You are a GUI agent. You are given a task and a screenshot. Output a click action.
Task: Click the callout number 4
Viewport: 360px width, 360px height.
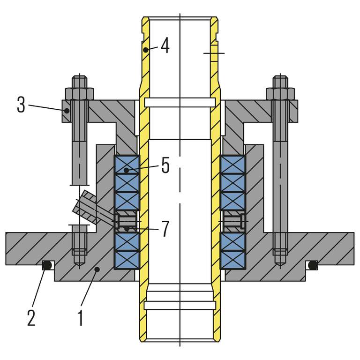point(165,46)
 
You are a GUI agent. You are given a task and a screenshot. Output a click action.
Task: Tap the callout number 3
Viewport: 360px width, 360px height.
point(21,105)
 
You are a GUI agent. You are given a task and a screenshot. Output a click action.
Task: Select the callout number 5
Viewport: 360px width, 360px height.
point(165,166)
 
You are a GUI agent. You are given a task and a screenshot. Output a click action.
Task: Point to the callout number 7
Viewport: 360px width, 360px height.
point(165,229)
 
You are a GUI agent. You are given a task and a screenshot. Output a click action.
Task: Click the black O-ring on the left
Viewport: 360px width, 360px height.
point(47,266)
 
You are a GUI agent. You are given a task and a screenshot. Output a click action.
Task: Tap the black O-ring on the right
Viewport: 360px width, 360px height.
point(312,266)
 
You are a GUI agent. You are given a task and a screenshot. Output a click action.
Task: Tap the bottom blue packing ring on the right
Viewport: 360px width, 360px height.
point(233,261)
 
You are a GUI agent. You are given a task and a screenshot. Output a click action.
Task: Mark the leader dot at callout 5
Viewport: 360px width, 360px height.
point(126,170)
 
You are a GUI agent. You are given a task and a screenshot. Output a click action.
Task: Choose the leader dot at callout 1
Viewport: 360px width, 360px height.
point(96,269)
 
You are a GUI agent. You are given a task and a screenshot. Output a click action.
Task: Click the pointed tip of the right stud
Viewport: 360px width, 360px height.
point(280,266)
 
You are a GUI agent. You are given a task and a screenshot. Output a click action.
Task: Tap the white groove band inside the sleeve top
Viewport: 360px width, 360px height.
point(180,102)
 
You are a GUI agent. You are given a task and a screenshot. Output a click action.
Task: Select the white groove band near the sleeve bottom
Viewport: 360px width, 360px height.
point(180,305)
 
